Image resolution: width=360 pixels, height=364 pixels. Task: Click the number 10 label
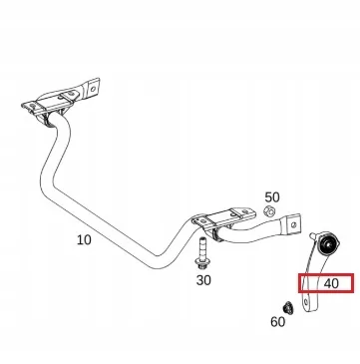point(84,240)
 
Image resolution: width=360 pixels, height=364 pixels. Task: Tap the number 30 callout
point(203,281)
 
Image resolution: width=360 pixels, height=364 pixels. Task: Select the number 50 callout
point(271,198)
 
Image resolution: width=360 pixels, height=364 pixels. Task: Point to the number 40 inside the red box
point(332,284)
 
